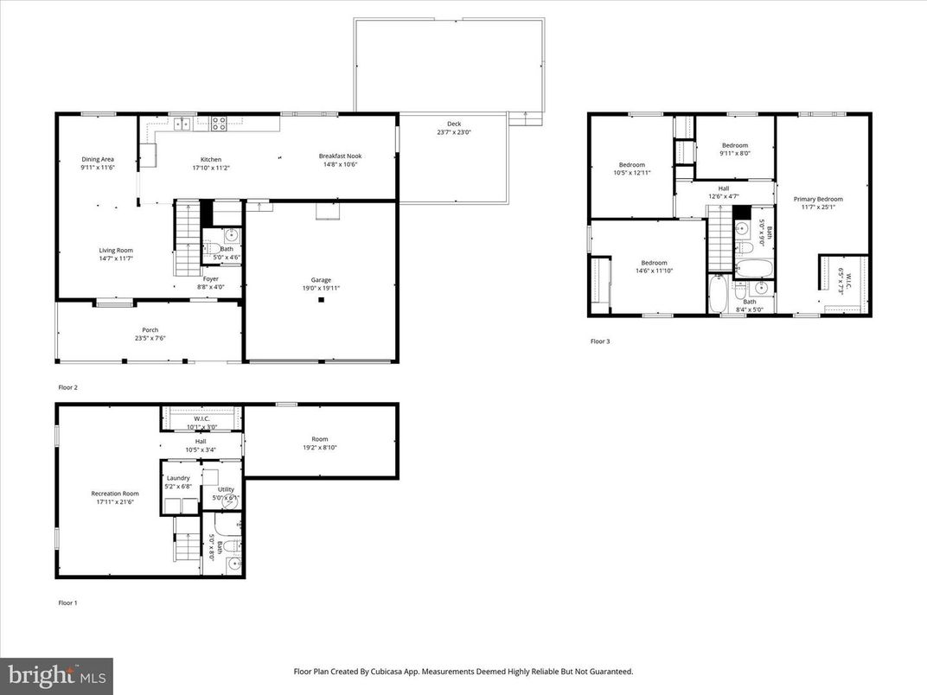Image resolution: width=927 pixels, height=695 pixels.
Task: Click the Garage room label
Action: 321,280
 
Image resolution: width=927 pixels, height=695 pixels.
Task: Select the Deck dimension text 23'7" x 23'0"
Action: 453,132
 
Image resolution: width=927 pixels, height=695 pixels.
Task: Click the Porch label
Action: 150,329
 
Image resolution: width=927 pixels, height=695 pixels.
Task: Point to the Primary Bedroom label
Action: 817,199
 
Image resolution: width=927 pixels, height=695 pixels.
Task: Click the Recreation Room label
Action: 114,494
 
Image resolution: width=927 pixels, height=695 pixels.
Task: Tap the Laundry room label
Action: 178,478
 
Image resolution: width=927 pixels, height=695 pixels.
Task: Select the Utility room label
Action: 225,489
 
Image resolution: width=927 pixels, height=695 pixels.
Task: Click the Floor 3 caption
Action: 600,341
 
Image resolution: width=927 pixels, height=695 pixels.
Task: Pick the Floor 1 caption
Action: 67,603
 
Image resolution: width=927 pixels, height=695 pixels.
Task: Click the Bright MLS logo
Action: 56,674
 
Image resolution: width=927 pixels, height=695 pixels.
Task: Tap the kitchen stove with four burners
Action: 219,124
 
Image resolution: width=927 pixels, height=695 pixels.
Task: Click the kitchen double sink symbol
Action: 182,124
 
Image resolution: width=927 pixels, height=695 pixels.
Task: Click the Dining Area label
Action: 98,159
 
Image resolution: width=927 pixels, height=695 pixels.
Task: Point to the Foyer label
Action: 211,278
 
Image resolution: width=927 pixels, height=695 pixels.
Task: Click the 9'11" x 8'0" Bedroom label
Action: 735,145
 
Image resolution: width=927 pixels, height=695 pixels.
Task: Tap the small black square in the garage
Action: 321,300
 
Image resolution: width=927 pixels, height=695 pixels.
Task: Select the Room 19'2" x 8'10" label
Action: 320,439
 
